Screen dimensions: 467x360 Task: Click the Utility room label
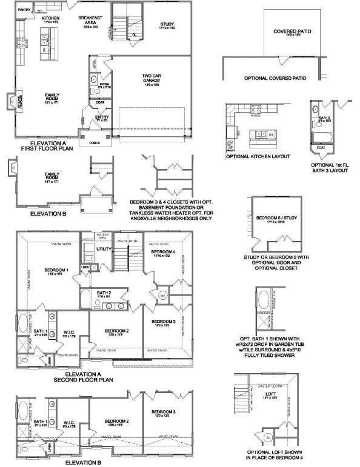coord(103,249)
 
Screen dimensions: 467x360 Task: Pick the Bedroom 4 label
coord(163,251)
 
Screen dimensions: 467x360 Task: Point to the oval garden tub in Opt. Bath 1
coord(264,301)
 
